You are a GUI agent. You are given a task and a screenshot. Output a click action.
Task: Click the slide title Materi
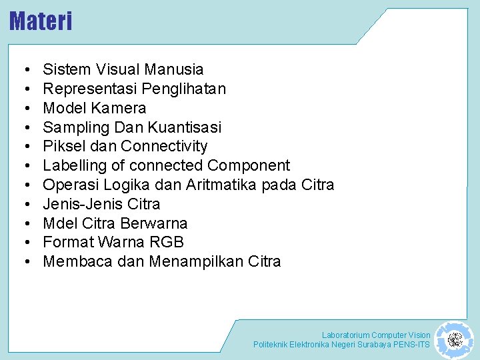(41, 21)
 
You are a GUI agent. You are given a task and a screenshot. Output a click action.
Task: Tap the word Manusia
(175, 69)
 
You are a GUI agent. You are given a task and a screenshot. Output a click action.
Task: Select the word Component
(249, 165)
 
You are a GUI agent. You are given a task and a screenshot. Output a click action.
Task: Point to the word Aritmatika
(217, 185)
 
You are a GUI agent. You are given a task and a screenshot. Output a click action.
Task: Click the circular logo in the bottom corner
(455, 339)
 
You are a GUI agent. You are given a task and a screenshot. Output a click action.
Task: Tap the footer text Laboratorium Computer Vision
(376, 335)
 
